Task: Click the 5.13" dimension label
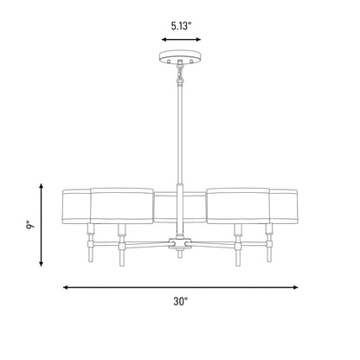[x=181, y=26]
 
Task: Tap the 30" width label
[x=181, y=301]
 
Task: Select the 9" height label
[x=29, y=225]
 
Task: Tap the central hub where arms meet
[x=181, y=242]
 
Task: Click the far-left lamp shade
[x=76, y=206]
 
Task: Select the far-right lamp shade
[x=283, y=206]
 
